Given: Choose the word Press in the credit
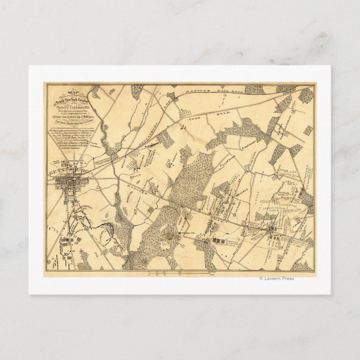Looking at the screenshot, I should coord(287,278).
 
